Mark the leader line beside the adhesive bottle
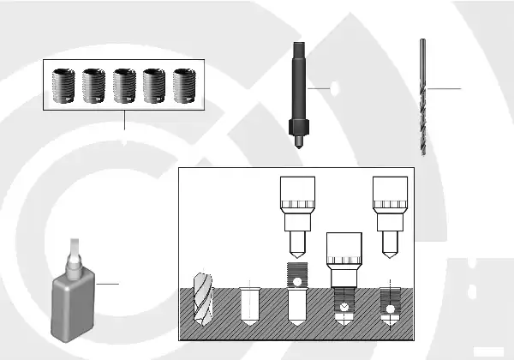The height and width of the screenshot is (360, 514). pyautogui.click(x=108, y=282)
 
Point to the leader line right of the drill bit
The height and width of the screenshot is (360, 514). pyautogui.click(x=444, y=88)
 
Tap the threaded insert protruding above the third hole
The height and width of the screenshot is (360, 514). pyautogui.click(x=296, y=279)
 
